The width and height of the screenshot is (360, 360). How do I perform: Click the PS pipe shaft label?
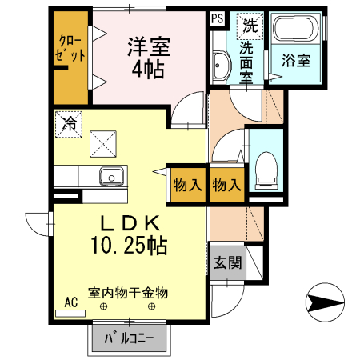pos(218,18)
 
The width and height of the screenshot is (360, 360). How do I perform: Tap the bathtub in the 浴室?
pos(296,29)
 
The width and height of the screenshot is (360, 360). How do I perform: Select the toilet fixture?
pos(266,170)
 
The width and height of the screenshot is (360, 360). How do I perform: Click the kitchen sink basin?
pos(112,176)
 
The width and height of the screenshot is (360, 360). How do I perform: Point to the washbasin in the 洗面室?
pos(221,65)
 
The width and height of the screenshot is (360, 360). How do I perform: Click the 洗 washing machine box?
pos(250,26)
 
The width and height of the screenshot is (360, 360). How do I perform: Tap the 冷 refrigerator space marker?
pos(69,124)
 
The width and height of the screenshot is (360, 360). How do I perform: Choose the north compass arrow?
pos(325,302)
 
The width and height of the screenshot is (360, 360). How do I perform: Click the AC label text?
pos(71,302)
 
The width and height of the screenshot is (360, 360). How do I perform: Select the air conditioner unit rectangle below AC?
pos(70,314)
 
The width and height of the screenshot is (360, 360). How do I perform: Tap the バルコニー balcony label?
pos(129,338)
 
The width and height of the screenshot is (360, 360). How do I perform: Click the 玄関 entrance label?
pos(227,262)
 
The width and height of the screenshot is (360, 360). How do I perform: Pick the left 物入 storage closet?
pos(187,185)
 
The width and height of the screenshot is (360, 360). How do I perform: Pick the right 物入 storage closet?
pos(227,185)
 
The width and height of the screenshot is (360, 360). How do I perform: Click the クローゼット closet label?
pos(70,48)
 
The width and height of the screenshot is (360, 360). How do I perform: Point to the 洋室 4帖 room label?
pos(149,58)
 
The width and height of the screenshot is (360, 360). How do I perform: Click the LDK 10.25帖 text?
pos(130,234)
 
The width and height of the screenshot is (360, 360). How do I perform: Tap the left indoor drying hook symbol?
pos(103,306)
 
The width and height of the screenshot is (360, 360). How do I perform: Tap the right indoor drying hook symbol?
pos(152,306)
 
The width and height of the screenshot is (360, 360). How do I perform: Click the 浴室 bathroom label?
pos(296,61)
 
